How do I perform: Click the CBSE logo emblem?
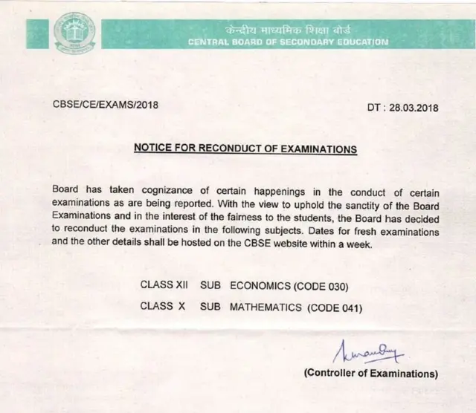click(x=74, y=32)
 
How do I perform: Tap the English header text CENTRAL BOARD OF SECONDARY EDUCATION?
click(x=288, y=42)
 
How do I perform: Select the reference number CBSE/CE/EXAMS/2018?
click(x=106, y=105)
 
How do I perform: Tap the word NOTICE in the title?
click(x=154, y=149)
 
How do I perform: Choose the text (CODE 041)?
click(x=332, y=306)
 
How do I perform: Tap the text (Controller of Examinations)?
click(x=370, y=372)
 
